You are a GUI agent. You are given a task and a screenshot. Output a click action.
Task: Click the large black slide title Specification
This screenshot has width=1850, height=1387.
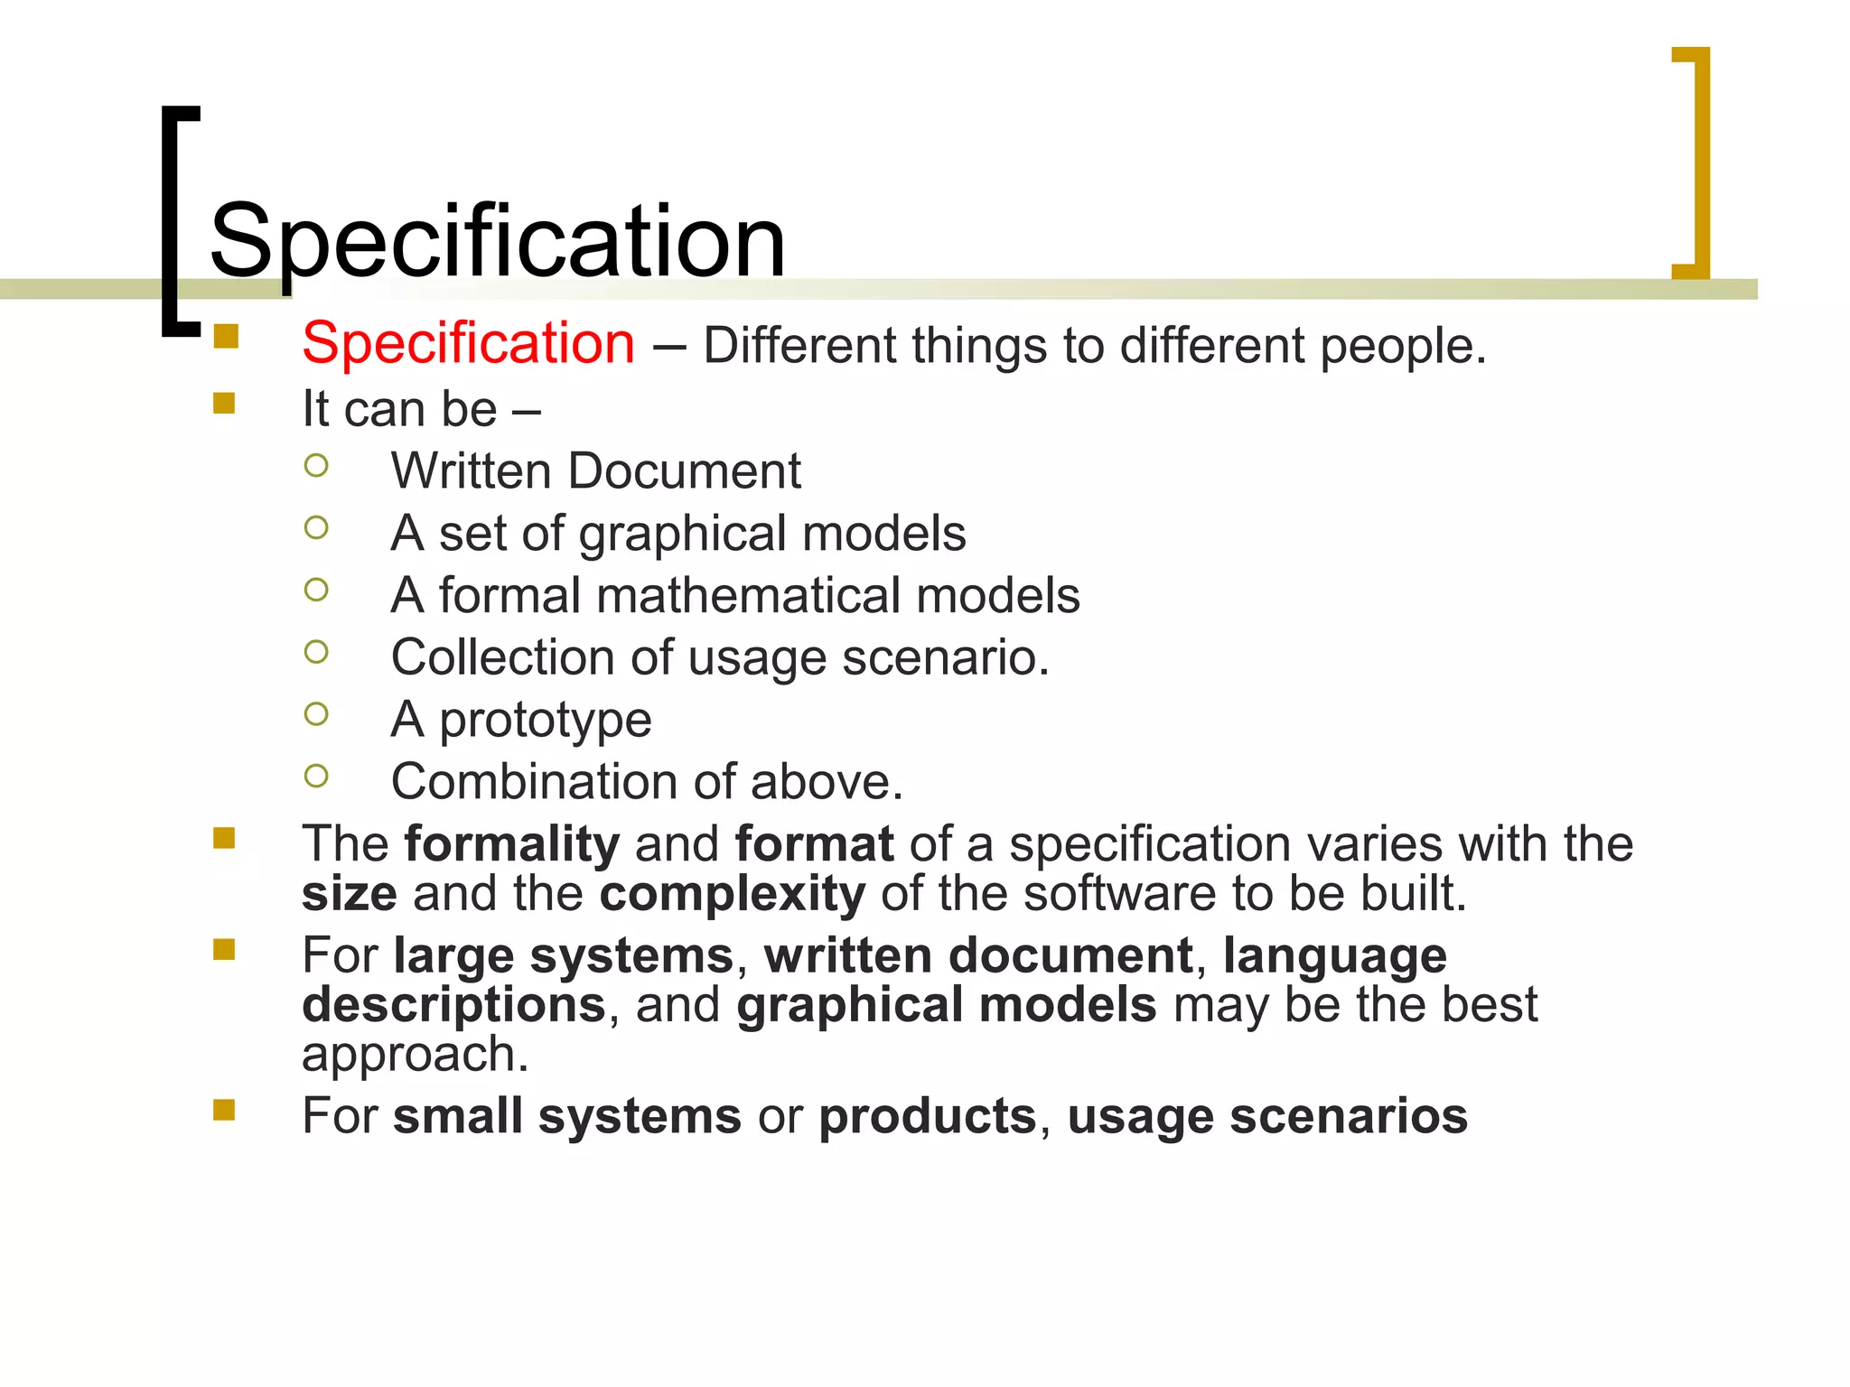click(x=497, y=241)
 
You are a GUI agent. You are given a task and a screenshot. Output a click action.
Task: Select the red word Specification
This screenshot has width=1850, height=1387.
click(x=468, y=344)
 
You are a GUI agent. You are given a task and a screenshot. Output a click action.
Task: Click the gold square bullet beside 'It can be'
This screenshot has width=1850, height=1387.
click(x=224, y=403)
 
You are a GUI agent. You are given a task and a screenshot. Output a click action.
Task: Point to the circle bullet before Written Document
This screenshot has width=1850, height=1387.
click(x=316, y=466)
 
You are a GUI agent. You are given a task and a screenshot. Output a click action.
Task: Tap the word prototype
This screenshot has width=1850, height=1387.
click(x=545, y=721)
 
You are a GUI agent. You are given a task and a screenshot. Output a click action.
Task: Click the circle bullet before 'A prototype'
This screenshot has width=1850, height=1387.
click(x=316, y=714)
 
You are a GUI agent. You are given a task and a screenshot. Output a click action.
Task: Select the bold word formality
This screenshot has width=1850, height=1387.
click(x=511, y=844)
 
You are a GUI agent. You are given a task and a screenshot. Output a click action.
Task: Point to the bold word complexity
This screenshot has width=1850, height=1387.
click(x=732, y=895)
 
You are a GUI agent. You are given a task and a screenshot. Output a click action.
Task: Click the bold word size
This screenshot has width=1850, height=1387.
click(x=349, y=894)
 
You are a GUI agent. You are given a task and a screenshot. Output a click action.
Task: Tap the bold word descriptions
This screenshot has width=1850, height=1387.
click(x=453, y=1005)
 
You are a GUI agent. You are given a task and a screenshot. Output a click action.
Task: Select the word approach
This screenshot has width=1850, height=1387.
click(x=414, y=1055)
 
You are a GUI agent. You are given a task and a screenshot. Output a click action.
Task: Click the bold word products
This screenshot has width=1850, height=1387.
click(x=927, y=1116)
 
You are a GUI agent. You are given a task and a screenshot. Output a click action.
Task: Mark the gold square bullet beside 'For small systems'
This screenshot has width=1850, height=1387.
click(x=224, y=1110)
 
